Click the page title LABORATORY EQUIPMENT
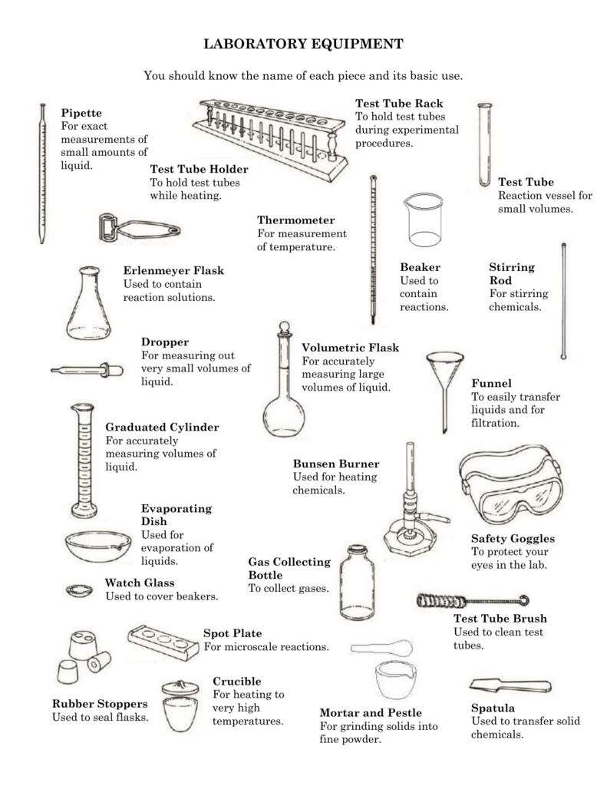point(303,45)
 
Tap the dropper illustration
point(87,371)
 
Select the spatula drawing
point(510,685)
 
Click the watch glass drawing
point(78,590)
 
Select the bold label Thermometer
point(295,220)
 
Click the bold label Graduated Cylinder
point(162,427)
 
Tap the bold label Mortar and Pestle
point(371,712)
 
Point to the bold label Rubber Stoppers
point(100,703)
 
